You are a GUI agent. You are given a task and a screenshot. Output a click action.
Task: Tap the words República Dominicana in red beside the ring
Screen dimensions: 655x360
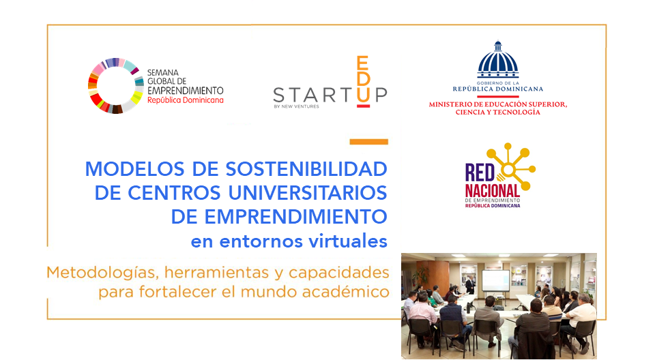pos(185,100)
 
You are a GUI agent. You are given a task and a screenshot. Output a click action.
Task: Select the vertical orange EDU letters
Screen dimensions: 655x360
pos(363,79)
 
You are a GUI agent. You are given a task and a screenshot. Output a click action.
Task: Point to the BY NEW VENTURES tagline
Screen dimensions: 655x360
pos(296,106)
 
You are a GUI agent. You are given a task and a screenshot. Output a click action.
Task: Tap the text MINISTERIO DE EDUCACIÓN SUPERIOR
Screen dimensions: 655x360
pos(498,104)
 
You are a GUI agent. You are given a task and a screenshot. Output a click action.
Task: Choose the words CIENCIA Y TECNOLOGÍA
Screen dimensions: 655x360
pos(497,112)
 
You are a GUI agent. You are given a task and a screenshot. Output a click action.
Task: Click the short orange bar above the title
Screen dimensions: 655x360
pos(369,142)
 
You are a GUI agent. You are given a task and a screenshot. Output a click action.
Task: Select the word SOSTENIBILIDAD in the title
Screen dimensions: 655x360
pos(306,169)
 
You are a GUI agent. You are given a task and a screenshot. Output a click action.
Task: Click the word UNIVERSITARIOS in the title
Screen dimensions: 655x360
pos(308,193)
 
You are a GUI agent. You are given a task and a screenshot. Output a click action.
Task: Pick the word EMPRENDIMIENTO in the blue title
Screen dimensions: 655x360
pos(295,217)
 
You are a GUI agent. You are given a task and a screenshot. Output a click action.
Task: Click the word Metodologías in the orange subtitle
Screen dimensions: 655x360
pos(102,273)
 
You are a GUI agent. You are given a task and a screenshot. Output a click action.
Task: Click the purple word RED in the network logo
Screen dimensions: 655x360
pos(480,172)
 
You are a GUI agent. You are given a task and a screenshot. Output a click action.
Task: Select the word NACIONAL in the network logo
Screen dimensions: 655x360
pos(493,191)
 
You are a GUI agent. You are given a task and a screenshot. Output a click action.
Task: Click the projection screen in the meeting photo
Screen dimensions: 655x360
pos(495,280)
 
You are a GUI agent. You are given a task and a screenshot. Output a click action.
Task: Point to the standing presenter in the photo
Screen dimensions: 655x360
pos(470,285)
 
